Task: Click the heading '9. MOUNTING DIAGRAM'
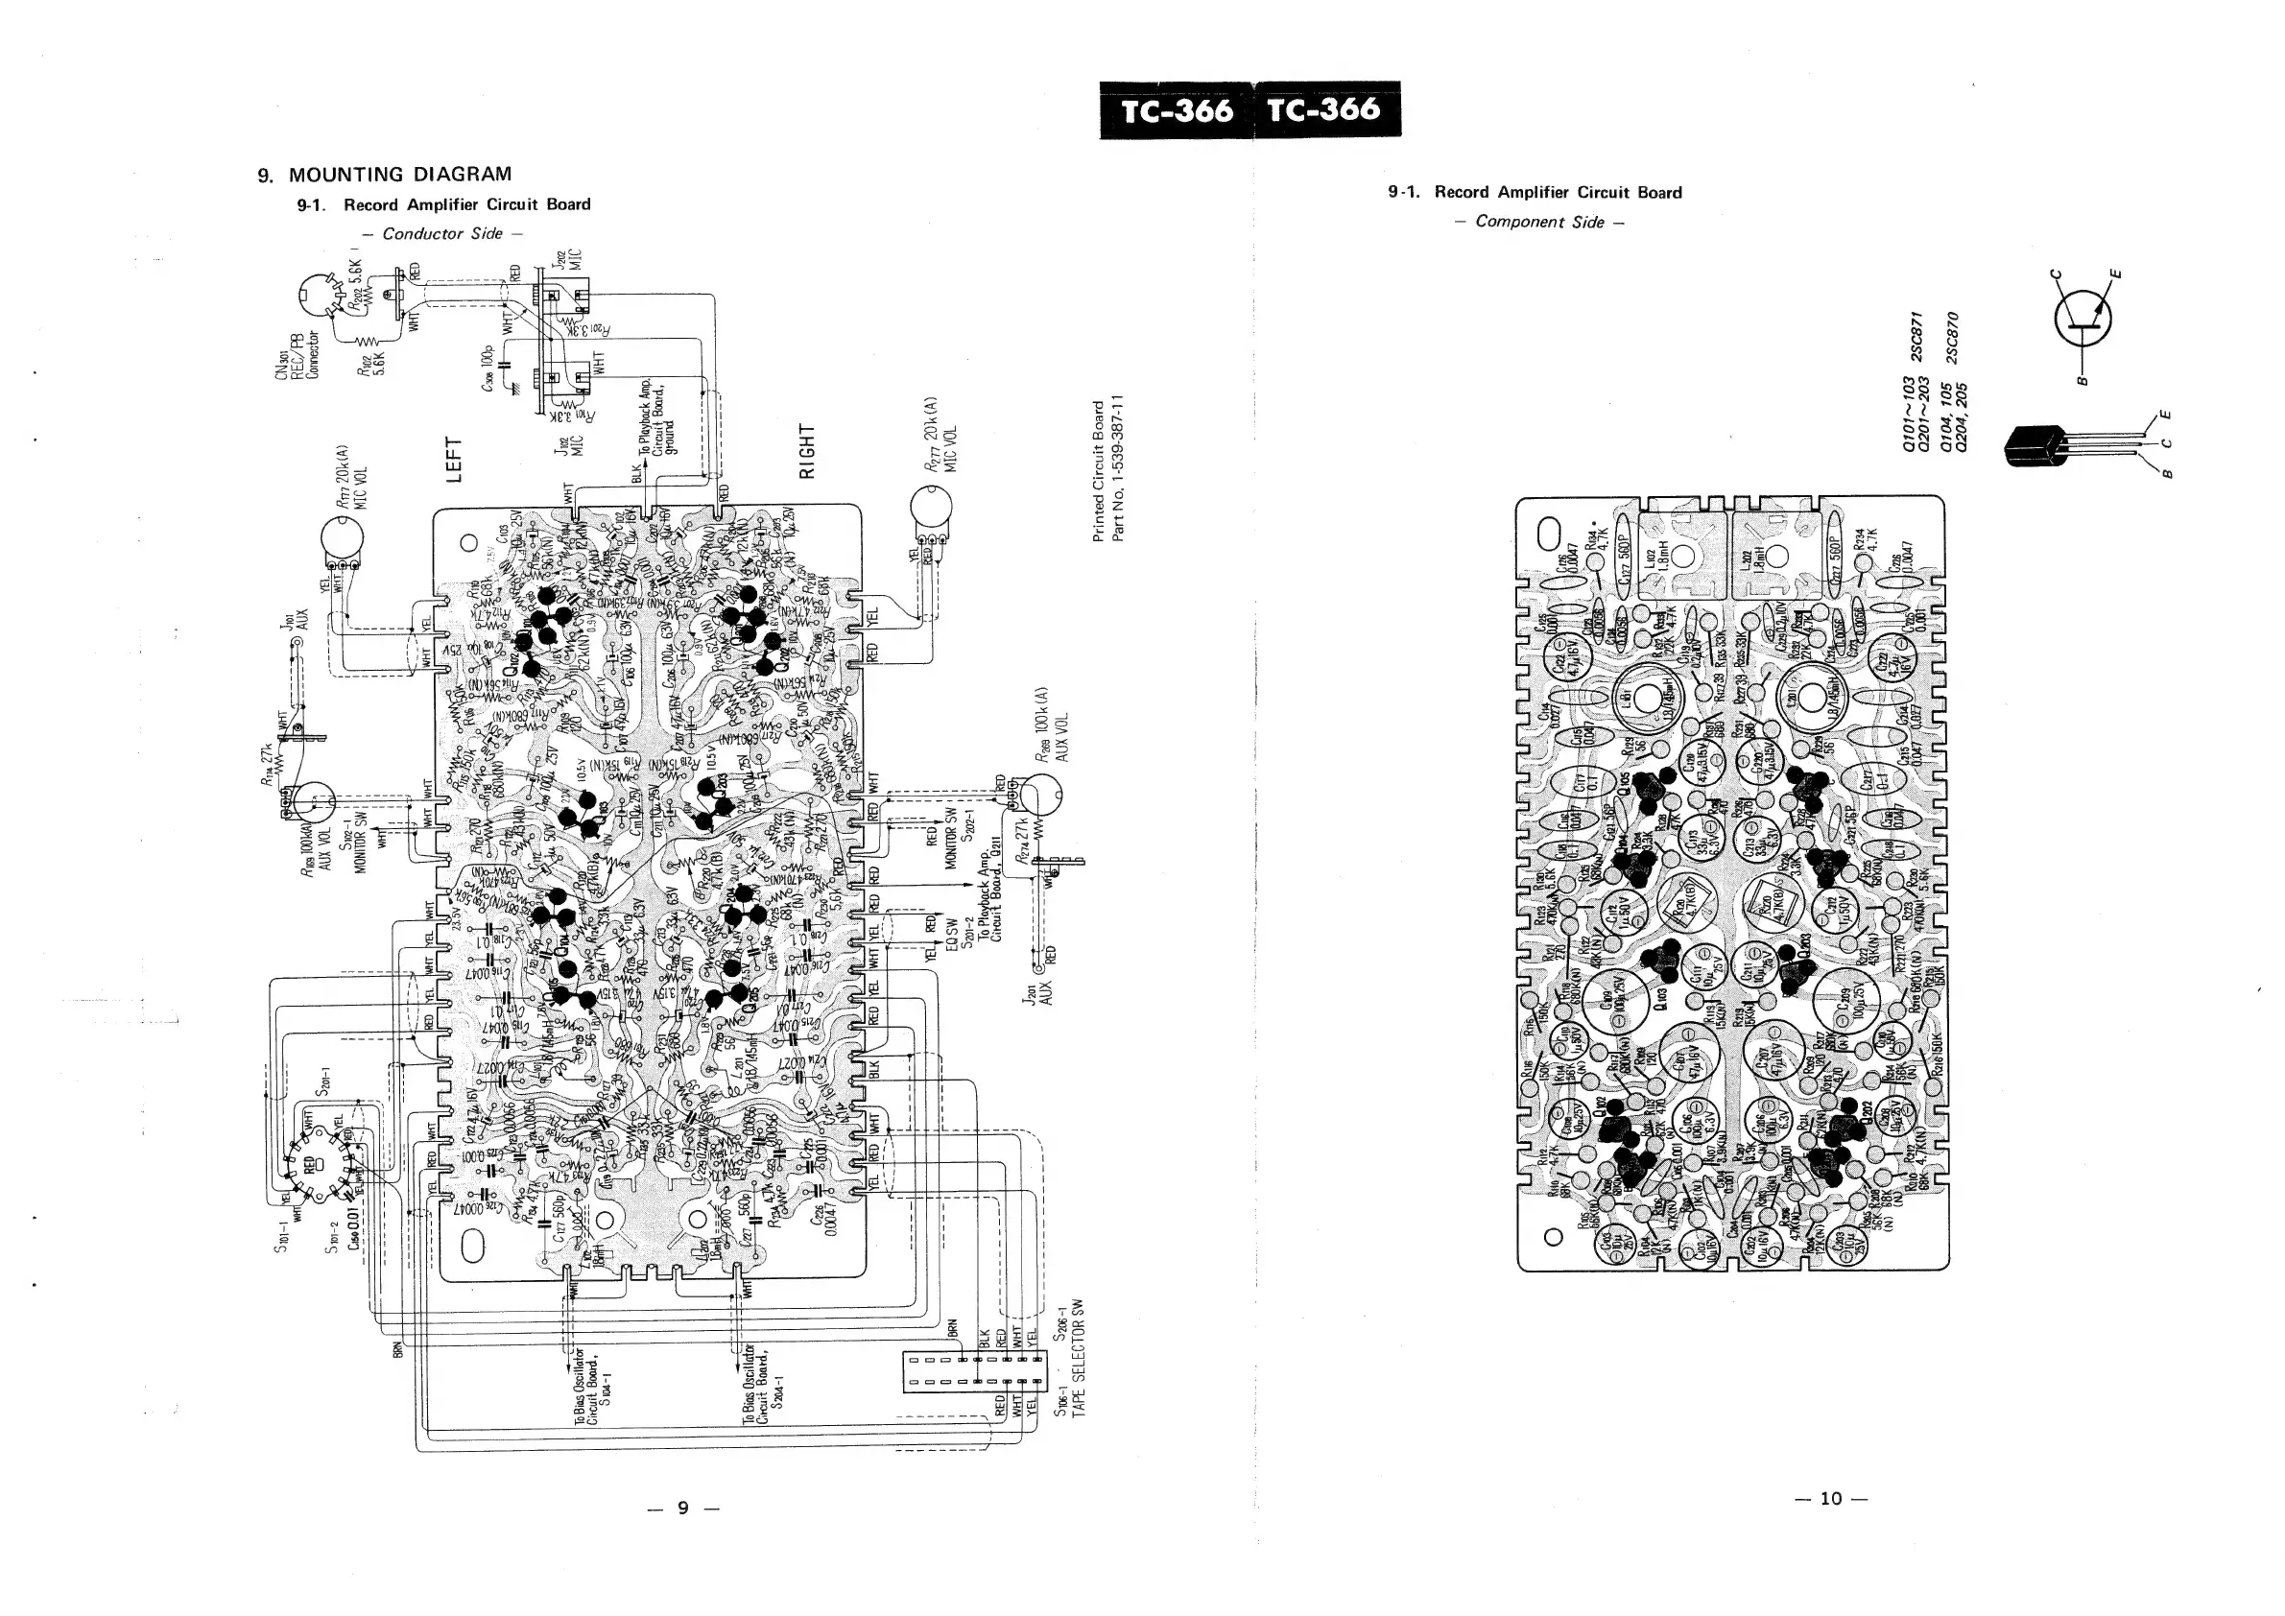click(x=384, y=176)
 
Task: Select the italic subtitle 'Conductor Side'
click(x=441, y=234)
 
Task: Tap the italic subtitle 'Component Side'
click(x=1538, y=222)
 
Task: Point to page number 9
click(x=682, y=1508)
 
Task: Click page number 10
click(x=1831, y=1499)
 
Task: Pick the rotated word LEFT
click(x=454, y=460)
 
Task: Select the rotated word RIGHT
click(x=808, y=451)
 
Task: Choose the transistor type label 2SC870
click(x=1953, y=339)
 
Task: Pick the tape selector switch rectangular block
click(x=972, y=1371)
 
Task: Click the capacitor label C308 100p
click(x=488, y=368)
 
